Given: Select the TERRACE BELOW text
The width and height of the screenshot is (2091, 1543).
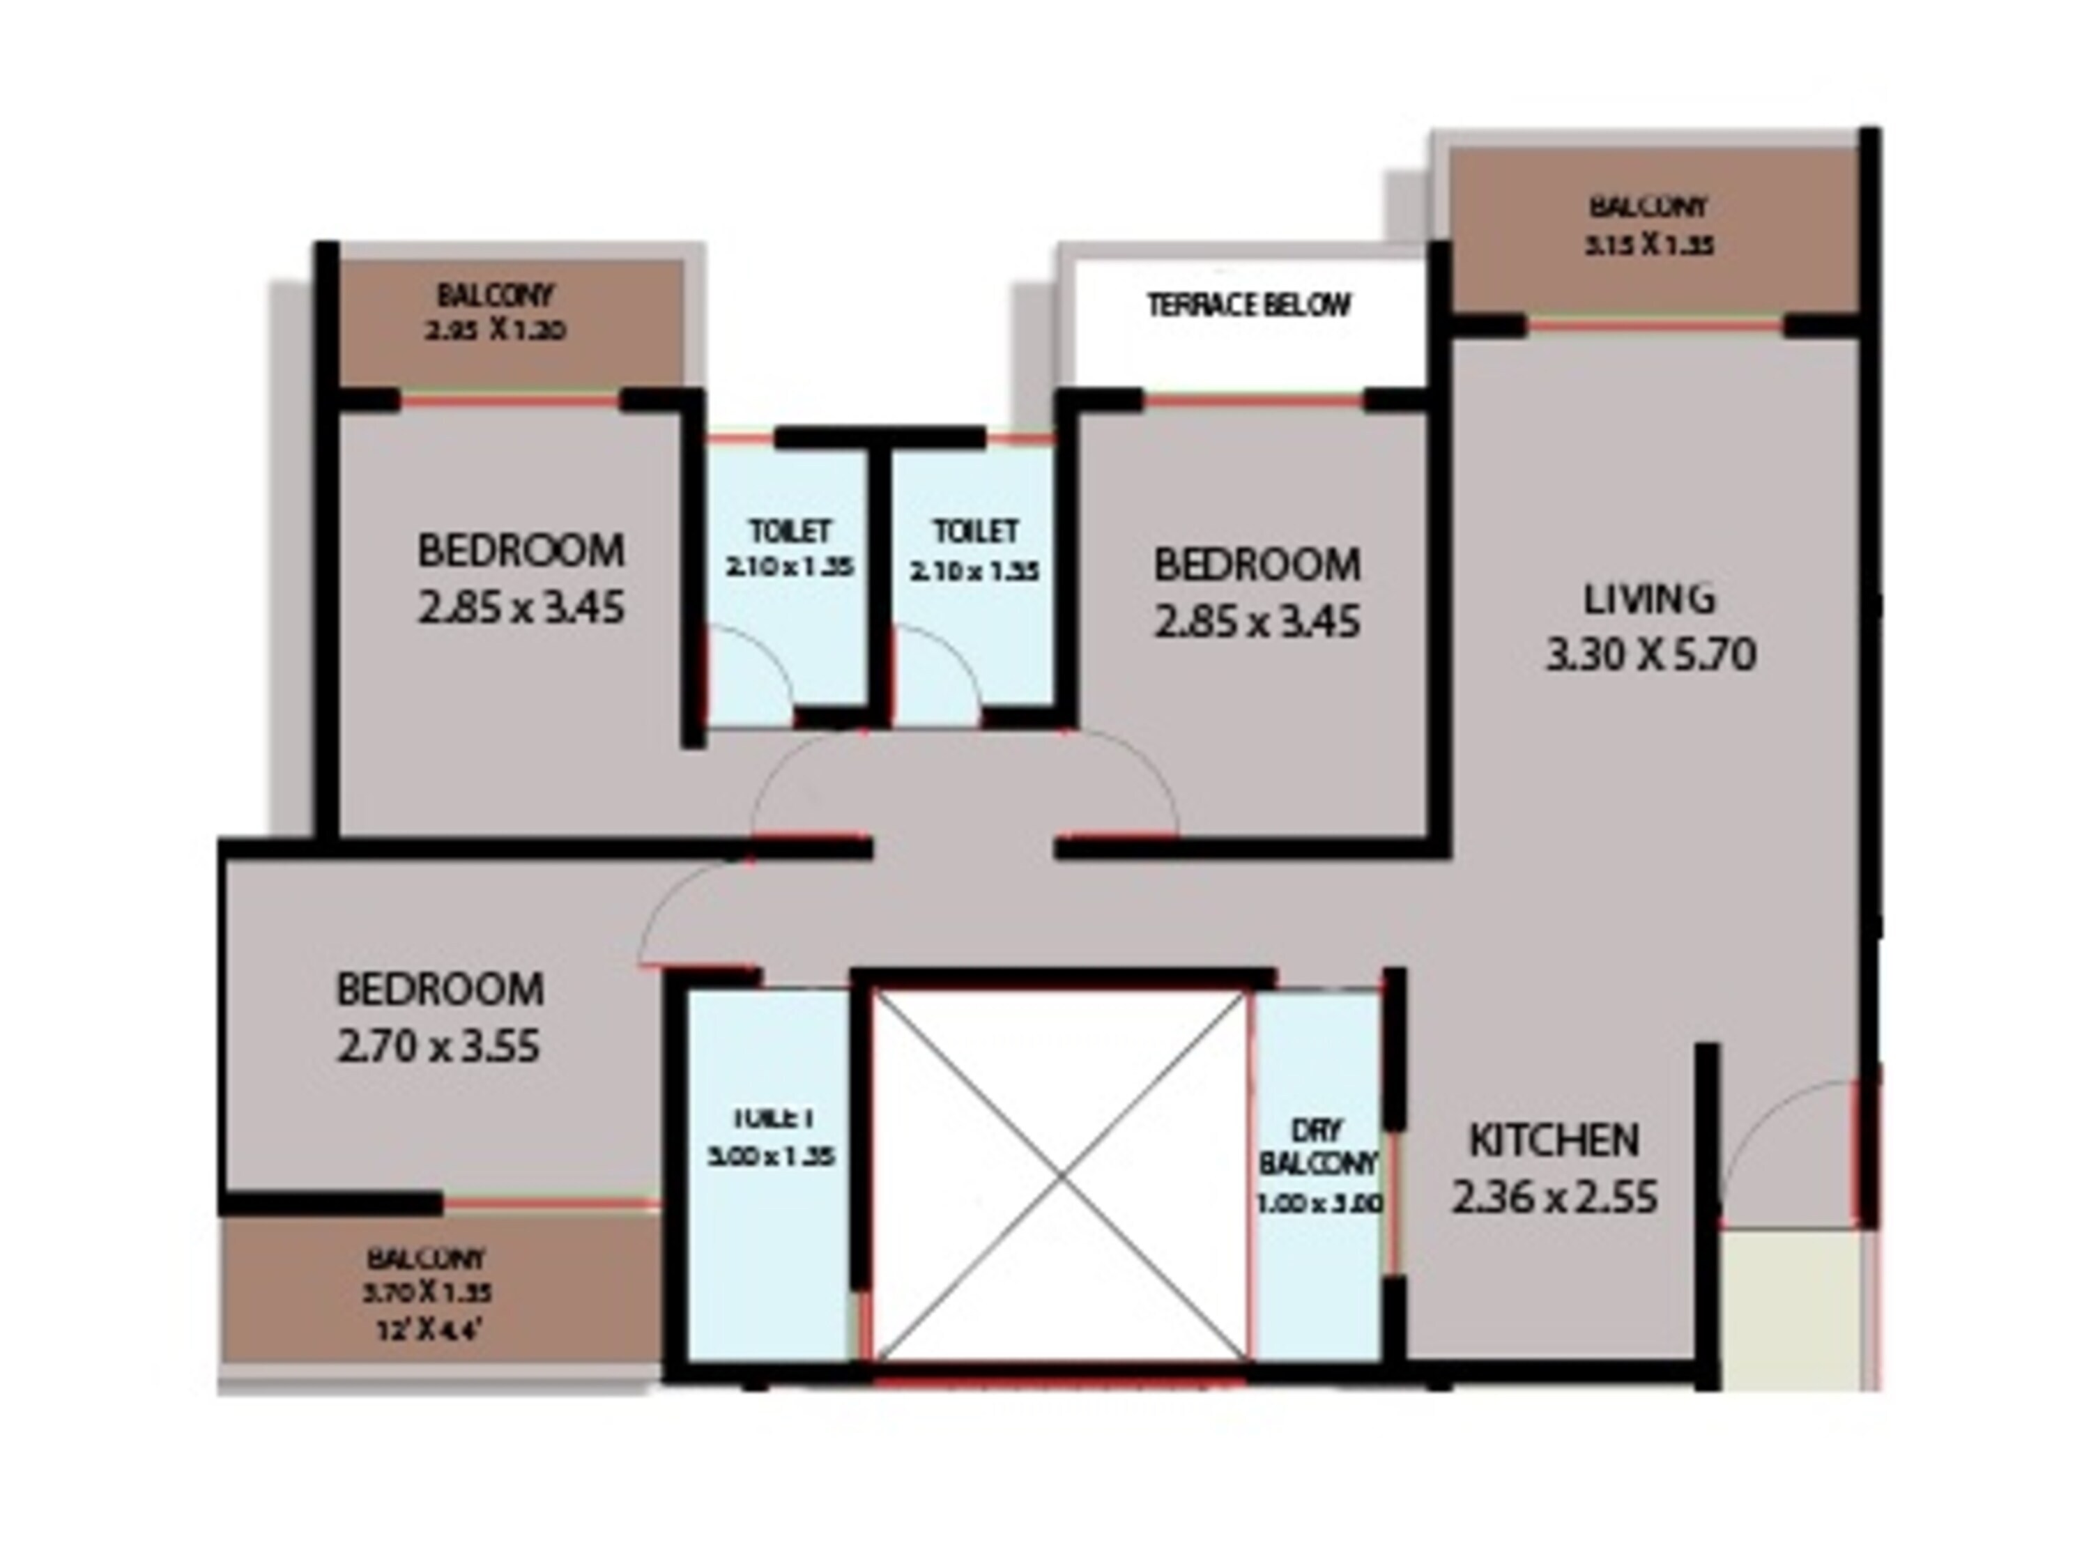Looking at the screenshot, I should tap(1248, 305).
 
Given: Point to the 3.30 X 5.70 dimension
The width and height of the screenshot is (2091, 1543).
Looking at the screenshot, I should tap(1650, 654).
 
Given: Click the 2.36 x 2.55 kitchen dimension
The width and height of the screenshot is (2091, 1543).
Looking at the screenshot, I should tap(1554, 1197).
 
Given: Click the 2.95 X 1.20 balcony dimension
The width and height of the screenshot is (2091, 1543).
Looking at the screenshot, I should tap(495, 330).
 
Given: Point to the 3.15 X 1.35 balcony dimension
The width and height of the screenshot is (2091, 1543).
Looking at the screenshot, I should tap(1648, 245).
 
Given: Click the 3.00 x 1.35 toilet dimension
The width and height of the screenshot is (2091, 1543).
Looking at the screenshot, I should tap(772, 1156).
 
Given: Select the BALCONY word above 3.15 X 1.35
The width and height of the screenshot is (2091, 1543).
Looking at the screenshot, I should tap(1648, 206).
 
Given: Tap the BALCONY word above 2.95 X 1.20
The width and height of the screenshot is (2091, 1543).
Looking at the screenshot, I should tap(495, 295).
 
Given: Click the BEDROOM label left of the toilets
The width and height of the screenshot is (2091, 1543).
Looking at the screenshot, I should tap(520, 550).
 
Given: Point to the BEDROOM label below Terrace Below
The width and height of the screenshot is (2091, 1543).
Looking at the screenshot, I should tap(1256, 565).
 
